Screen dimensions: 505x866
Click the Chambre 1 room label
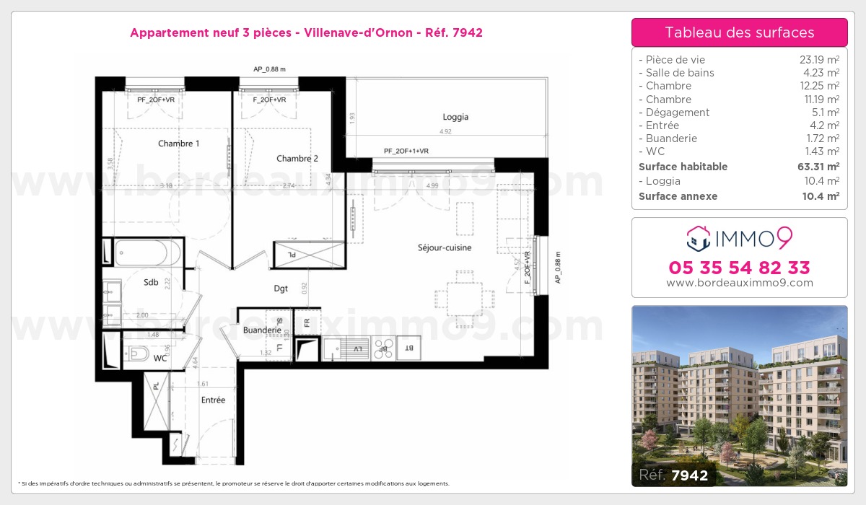coord(178,144)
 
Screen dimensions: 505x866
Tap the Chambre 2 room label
coord(297,159)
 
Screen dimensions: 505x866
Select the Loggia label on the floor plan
coord(455,117)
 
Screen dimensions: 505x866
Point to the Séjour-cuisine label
coord(445,247)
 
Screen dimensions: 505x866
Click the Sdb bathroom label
coord(151,283)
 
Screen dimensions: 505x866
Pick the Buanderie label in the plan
coord(262,330)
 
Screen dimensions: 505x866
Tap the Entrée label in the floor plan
coord(213,400)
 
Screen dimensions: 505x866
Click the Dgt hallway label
coord(281,289)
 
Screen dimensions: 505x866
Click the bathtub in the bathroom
coord(148,253)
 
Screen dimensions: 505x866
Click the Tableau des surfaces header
coord(739,32)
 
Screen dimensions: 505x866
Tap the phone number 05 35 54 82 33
coord(739,268)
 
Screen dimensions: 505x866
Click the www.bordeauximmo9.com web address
coord(739,283)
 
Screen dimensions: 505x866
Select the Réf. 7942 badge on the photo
coord(674,475)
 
